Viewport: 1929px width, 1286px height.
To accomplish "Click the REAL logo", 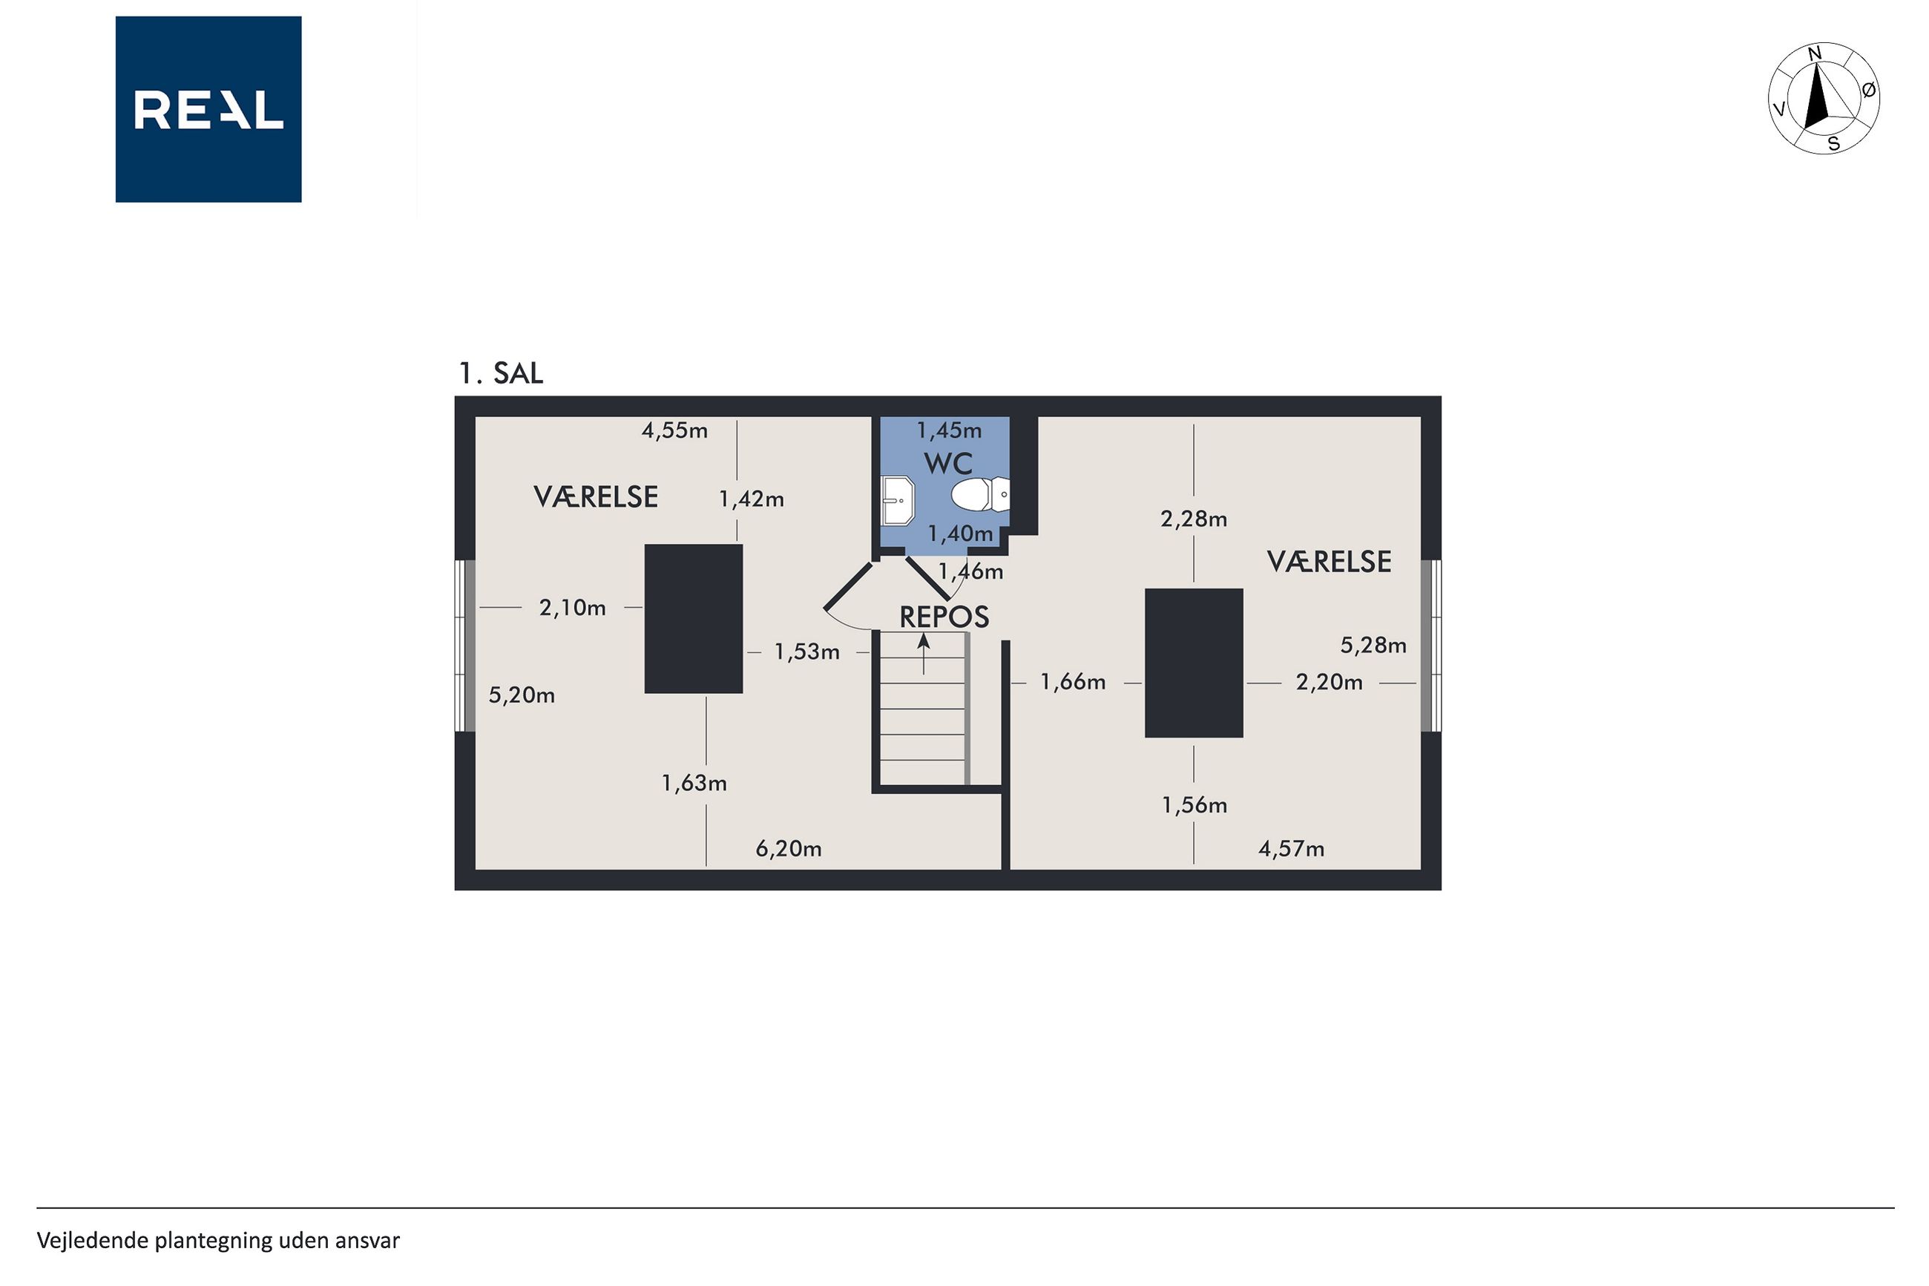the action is coord(208,109).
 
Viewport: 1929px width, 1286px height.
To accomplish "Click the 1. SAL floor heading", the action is coord(500,373).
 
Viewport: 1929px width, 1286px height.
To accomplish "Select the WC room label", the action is coord(947,463).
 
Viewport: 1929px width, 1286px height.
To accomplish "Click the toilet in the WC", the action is coord(979,496).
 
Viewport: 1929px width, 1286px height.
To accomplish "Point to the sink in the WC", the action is coord(898,499).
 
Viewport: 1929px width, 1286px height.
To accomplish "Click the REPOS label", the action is coord(944,617).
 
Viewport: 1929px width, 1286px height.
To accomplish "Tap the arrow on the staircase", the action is coord(924,654).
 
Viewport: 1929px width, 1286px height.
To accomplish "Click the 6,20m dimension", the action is coord(788,849).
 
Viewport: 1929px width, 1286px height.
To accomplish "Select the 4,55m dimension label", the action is coord(674,430).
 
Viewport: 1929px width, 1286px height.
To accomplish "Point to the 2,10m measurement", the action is coord(572,608).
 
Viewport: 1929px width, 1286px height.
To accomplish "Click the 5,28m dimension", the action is coord(1373,646).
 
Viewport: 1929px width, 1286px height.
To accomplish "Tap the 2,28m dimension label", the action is coord(1194,519).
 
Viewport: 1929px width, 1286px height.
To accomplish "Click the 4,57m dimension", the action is coord(1291,849).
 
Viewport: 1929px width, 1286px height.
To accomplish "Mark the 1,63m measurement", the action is coord(694,783).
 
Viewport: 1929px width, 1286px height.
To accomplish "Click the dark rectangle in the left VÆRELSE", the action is coord(694,619).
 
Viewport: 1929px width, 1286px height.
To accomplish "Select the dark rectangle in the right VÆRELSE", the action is coord(1194,663).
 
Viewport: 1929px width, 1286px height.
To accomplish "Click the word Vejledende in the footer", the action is coord(92,1241).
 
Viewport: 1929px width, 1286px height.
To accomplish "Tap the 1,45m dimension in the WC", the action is coord(948,430).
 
